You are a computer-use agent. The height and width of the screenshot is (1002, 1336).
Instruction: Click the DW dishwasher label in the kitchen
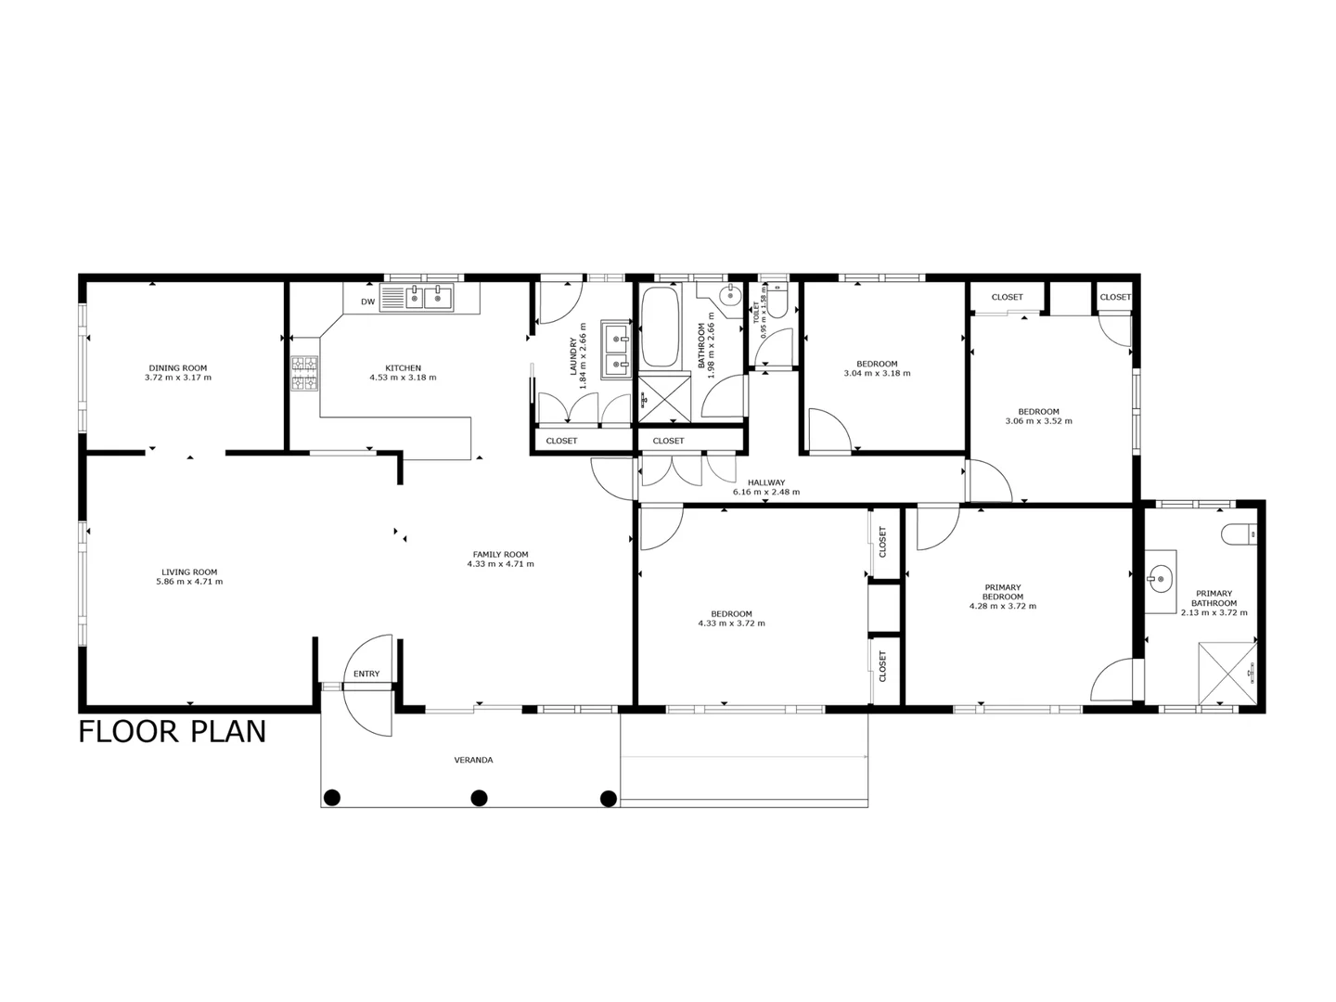tap(367, 302)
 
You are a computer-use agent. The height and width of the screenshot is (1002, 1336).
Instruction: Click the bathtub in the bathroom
tap(660, 328)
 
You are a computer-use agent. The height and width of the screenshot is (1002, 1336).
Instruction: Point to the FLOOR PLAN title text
tap(173, 732)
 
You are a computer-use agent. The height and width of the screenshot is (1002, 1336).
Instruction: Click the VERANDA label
tap(473, 760)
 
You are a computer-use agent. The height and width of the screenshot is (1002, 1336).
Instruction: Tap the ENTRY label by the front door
tap(366, 674)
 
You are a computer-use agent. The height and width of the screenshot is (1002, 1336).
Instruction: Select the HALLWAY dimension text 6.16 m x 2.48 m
tap(766, 493)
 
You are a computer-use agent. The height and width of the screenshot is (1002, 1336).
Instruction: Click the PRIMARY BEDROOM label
tap(1003, 592)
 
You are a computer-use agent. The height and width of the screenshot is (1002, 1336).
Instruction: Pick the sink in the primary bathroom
tap(1159, 582)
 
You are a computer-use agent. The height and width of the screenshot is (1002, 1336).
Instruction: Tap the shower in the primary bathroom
tap(1227, 674)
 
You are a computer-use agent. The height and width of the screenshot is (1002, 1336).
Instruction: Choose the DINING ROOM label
tap(178, 367)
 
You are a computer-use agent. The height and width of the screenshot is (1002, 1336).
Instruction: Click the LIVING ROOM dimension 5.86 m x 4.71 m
tap(189, 582)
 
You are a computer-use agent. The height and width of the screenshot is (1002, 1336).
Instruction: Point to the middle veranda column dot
tap(480, 797)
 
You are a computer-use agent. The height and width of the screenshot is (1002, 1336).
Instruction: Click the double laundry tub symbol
tap(616, 350)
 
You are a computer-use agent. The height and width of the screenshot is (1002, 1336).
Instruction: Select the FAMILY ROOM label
tap(500, 554)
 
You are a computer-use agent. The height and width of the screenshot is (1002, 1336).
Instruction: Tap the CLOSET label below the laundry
tap(561, 441)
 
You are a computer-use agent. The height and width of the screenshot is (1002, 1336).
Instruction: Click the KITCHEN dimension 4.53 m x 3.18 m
tap(403, 378)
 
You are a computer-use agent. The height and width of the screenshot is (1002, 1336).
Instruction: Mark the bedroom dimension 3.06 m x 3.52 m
tap(1038, 421)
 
